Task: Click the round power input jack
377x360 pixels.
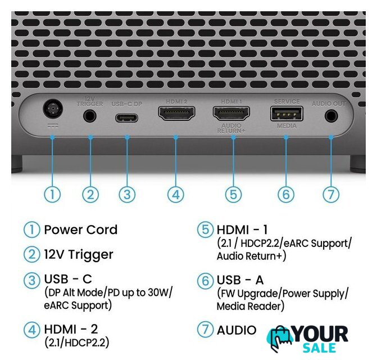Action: click(x=53, y=109)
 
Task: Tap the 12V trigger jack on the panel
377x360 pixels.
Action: click(x=90, y=116)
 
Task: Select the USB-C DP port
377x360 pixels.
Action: click(x=126, y=118)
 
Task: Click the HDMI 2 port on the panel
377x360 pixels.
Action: click(x=176, y=113)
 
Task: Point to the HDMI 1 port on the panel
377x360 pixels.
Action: click(x=231, y=113)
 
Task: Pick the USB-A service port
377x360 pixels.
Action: click(x=287, y=113)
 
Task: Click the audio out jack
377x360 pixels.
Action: click(x=331, y=116)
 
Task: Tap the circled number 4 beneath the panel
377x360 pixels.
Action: click(x=176, y=195)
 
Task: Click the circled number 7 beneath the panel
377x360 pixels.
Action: click(x=331, y=195)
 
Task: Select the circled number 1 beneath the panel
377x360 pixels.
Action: click(x=52, y=195)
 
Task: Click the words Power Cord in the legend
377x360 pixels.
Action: click(x=81, y=229)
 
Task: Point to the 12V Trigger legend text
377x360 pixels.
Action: click(x=79, y=255)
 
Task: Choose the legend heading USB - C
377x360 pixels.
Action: click(x=68, y=279)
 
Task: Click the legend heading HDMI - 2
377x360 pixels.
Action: click(x=71, y=329)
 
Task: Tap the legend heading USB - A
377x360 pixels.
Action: click(x=240, y=280)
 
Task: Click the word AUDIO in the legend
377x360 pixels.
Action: click(x=237, y=330)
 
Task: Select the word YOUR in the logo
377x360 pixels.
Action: click(x=320, y=334)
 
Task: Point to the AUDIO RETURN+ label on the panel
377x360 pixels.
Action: click(x=231, y=128)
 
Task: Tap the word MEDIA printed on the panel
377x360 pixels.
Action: click(x=287, y=126)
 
